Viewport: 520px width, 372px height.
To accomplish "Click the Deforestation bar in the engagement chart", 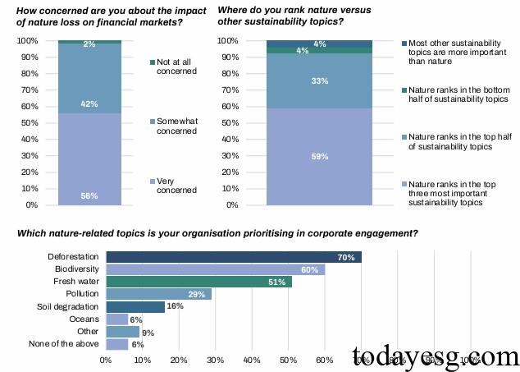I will click(234, 257).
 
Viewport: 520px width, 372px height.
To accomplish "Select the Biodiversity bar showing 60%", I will click(215, 269).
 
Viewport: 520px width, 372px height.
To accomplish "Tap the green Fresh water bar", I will click(198, 282).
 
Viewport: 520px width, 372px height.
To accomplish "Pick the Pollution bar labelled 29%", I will click(158, 294).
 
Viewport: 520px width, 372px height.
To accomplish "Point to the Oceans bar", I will click(116, 319).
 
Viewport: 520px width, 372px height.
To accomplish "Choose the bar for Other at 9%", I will click(122, 332).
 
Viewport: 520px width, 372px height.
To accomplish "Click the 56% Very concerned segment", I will click(89, 159).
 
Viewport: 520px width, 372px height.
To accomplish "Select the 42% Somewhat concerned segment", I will click(89, 79).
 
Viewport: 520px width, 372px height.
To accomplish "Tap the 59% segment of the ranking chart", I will click(319, 157).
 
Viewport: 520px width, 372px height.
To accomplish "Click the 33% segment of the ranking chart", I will click(319, 81).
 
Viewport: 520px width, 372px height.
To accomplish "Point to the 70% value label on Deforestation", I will click(345, 257).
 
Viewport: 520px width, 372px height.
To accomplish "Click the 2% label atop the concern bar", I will click(89, 44).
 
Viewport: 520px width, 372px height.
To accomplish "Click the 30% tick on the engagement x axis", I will click(215, 360).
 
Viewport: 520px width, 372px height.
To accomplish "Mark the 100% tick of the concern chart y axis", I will click(27, 41).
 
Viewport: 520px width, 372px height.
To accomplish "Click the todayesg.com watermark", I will click(435, 356).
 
